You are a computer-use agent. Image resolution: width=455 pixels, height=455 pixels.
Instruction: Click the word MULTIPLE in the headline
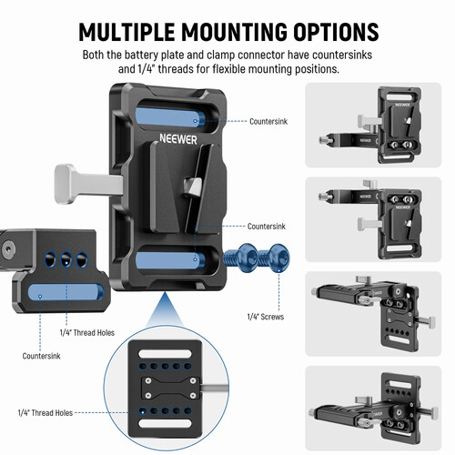click(x=126, y=32)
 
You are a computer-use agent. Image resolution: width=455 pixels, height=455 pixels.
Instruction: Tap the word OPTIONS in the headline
click(x=336, y=32)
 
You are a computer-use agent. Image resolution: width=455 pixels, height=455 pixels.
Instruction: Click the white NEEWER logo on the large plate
click(x=178, y=139)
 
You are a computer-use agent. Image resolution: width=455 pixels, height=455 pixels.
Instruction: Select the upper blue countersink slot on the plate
click(x=171, y=117)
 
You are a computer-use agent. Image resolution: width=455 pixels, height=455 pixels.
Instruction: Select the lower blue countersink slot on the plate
click(x=170, y=259)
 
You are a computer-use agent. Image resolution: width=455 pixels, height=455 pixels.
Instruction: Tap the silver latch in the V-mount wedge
click(x=193, y=187)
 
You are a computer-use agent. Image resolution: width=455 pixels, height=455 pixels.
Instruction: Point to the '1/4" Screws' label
click(x=266, y=317)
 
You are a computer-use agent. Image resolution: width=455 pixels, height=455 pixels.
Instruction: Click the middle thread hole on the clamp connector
click(x=66, y=259)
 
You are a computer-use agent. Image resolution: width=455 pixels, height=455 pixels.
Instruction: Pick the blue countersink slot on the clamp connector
click(x=66, y=293)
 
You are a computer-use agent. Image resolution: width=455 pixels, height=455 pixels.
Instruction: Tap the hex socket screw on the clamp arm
click(x=8, y=250)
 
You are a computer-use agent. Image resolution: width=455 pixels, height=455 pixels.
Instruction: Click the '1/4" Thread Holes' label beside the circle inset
click(x=45, y=413)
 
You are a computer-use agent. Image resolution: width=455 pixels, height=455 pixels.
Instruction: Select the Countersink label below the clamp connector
click(x=41, y=356)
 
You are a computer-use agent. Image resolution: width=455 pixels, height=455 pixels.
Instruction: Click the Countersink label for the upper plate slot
click(x=268, y=121)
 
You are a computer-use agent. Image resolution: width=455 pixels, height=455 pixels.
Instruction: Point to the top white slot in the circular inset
click(x=166, y=354)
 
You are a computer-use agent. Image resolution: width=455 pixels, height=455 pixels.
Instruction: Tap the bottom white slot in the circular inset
click(x=166, y=423)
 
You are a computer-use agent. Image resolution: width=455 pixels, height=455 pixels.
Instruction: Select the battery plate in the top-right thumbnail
click(x=399, y=126)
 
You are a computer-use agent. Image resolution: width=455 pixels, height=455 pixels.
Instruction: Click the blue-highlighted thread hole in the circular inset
click(x=143, y=411)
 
